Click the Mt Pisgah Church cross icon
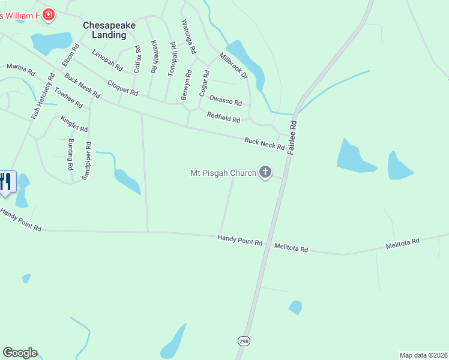point(265,173)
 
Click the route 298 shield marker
point(243,341)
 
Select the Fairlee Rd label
point(292,137)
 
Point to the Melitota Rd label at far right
point(402,242)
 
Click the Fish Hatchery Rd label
point(43,95)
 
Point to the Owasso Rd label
point(225,101)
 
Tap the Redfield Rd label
point(223,117)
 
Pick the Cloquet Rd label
point(122,88)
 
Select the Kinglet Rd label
point(74,124)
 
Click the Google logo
point(20,353)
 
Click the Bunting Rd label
point(71,154)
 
